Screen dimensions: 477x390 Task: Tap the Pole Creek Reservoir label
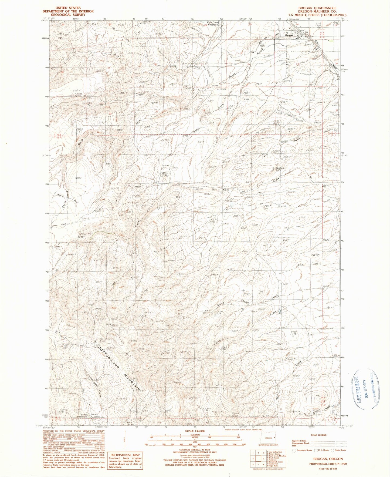tap(213, 23)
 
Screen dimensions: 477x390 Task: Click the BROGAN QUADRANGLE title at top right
tap(317, 8)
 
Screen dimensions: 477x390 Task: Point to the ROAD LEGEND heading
tap(318, 435)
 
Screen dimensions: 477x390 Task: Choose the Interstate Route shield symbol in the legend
tap(294, 450)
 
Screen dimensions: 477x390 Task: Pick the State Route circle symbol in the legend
tap(332, 450)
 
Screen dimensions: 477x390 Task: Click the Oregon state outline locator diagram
tap(268, 438)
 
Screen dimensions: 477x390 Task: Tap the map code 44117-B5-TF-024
tap(324, 469)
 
